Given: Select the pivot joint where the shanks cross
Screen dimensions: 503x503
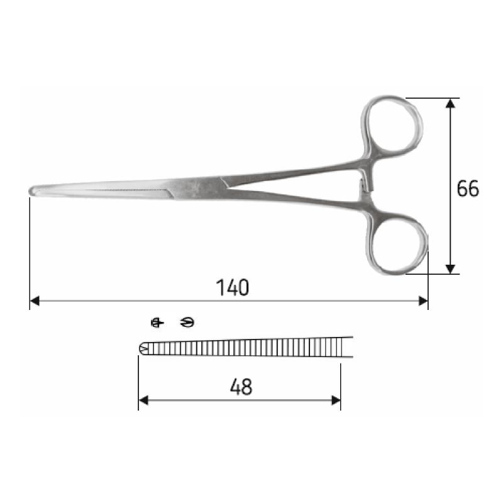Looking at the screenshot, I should tap(207, 186).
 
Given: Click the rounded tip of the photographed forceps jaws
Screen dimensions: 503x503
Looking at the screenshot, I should tap(33, 191).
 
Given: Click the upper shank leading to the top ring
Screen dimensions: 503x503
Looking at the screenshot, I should tap(296, 172).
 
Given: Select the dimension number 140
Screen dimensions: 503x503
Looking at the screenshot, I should tap(233, 287).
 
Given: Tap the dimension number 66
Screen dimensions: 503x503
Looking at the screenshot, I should tap(468, 189).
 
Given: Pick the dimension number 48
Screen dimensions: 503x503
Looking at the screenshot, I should tap(241, 387).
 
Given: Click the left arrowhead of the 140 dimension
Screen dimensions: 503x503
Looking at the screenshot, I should tap(35, 301).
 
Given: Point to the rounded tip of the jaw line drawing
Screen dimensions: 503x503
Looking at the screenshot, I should tap(142, 348).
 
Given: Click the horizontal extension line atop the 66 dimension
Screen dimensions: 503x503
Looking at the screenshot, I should tap(434, 98).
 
